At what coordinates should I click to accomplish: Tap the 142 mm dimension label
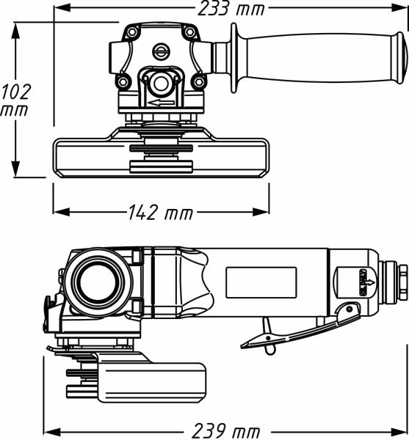point(159,213)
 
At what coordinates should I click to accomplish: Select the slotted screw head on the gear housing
point(161,51)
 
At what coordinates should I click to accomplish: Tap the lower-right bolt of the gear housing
point(198,81)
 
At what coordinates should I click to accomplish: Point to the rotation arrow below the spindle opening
point(161,103)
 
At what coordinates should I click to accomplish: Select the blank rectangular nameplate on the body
point(261,282)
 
